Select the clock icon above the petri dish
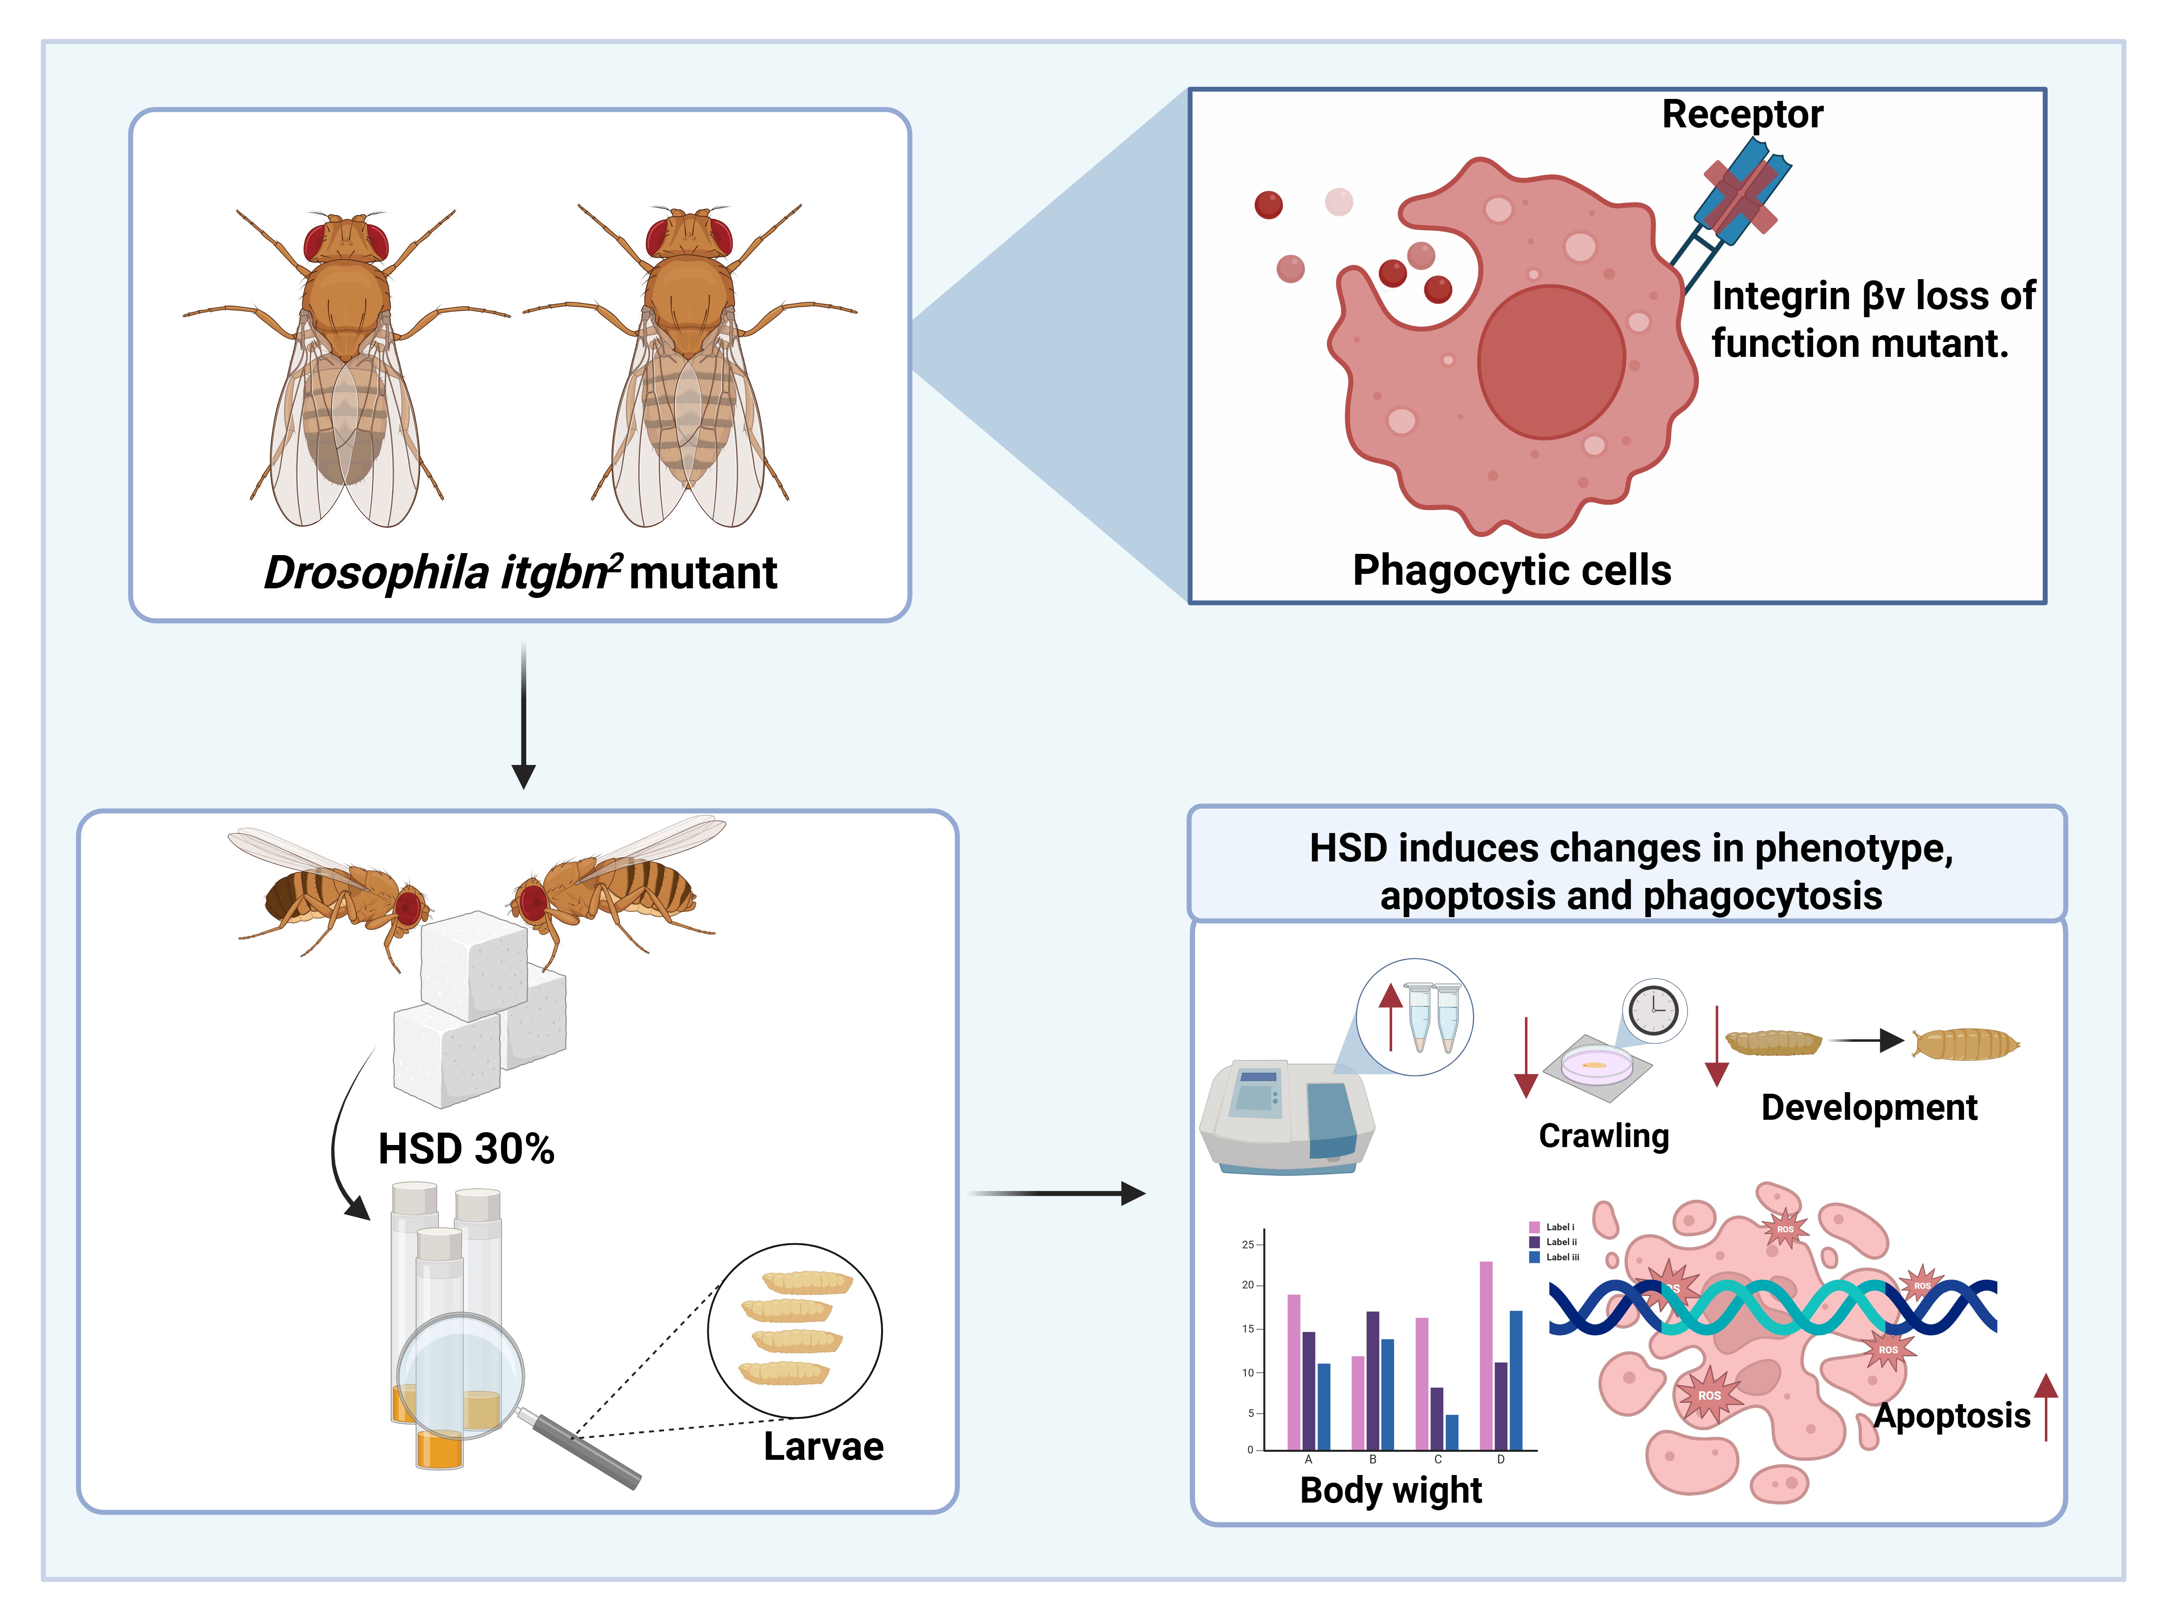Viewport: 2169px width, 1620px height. point(1654,1008)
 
